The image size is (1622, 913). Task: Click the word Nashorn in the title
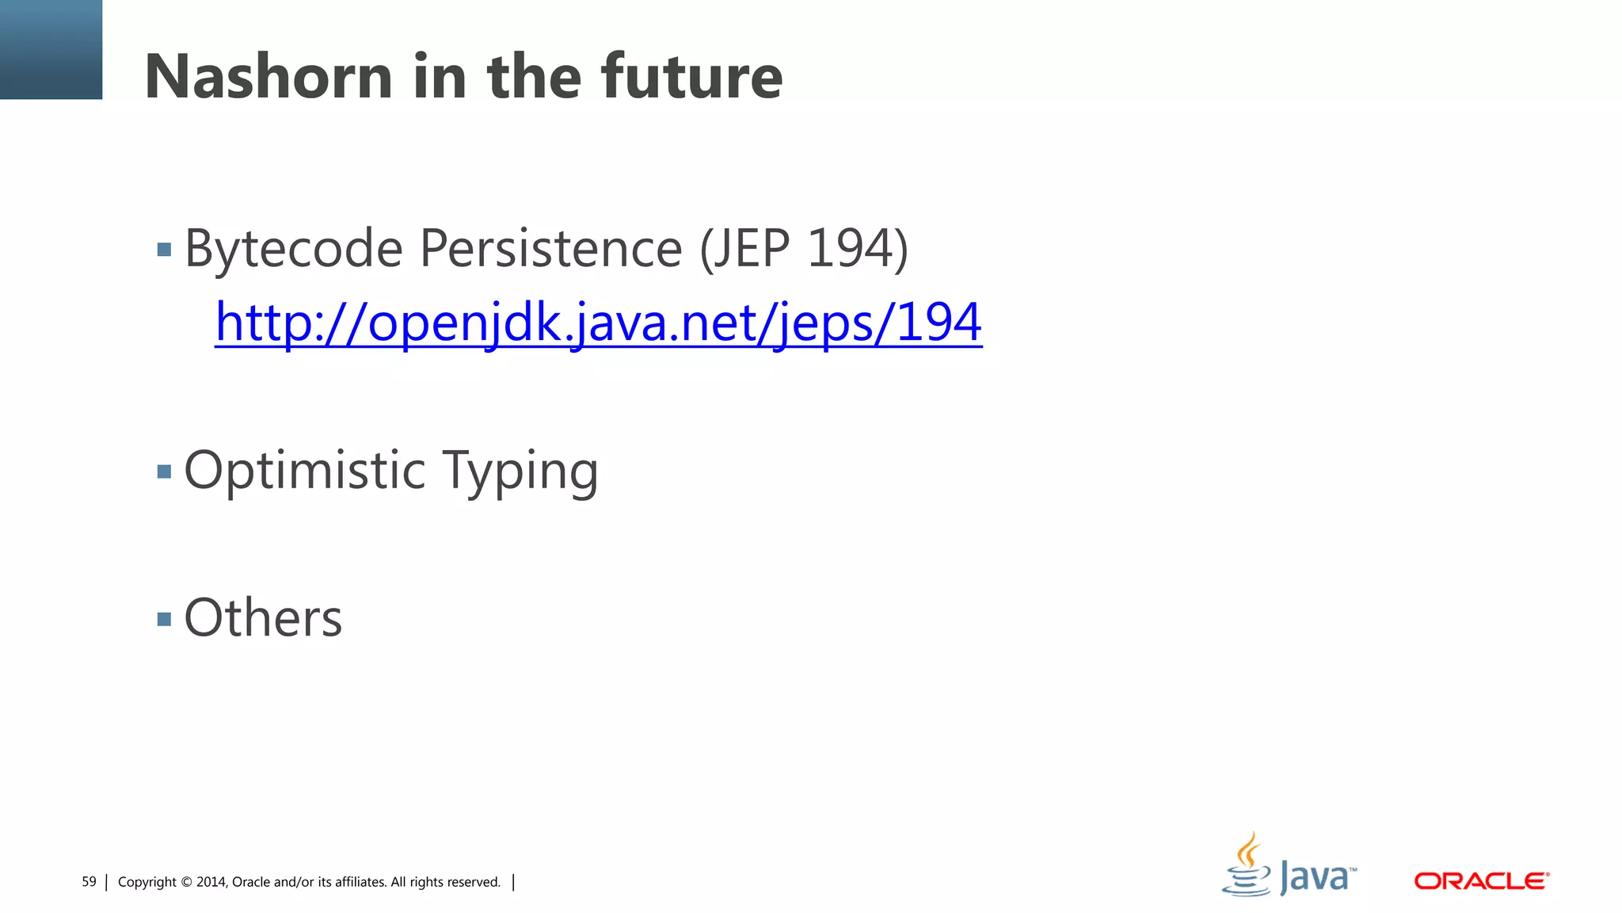(268, 77)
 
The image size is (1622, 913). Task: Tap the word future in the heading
(691, 77)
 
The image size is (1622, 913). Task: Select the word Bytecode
(293, 249)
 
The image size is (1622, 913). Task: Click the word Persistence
(550, 249)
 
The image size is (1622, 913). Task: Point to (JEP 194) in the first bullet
(803, 249)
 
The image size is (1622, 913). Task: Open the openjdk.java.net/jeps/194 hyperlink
(598, 323)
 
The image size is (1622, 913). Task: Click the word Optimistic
(305, 471)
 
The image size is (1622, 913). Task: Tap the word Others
(263, 618)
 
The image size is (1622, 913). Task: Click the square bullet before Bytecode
(164, 250)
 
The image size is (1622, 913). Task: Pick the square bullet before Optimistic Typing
(164, 472)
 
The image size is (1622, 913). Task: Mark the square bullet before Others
(164, 619)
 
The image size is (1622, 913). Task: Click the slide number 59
(89, 882)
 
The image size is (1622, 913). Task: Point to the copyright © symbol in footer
(187, 882)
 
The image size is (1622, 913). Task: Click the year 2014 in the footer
(211, 882)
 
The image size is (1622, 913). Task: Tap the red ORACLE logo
(1481, 881)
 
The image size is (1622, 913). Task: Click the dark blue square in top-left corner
(51, 49)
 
